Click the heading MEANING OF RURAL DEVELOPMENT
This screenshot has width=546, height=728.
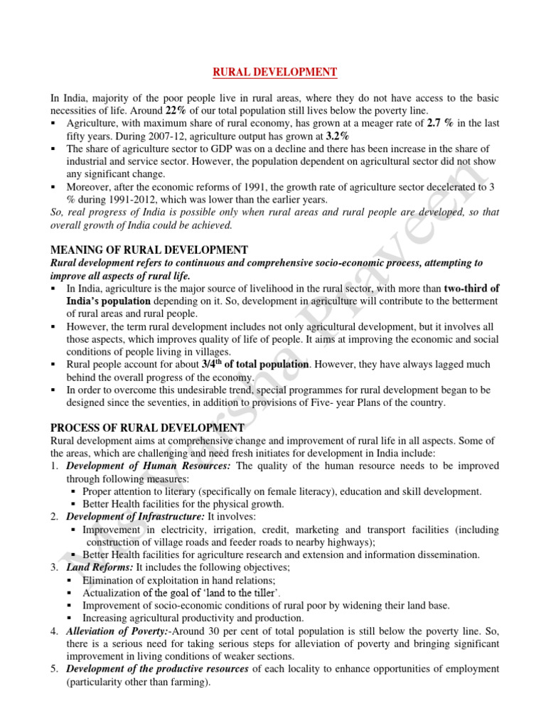149,250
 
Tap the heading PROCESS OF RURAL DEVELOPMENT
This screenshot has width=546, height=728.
147,427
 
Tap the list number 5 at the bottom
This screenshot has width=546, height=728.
54,670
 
